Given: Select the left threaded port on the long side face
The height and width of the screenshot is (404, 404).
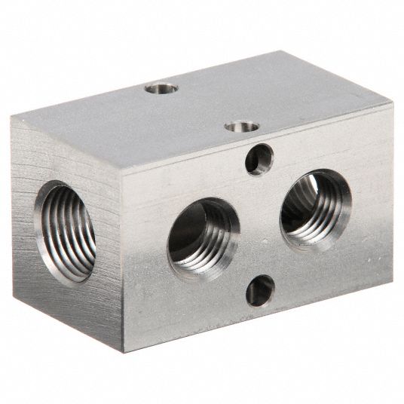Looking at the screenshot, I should coord(203,238).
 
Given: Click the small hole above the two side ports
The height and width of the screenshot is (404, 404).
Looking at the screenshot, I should coord(259,159).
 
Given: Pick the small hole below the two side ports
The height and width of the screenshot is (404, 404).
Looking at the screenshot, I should coord(259,290).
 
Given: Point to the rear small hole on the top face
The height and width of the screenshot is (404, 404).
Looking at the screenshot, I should coord(161,88).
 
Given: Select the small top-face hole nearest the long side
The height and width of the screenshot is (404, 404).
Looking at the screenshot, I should coord(242,126).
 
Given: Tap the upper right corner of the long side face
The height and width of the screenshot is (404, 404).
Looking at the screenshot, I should coord(392,103).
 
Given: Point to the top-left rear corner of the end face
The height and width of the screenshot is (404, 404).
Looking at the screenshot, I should coord(12,119).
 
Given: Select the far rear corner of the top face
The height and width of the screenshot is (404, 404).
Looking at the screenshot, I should coord(283,51).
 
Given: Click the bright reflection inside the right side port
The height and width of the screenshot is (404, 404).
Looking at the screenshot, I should coord(311,183).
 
